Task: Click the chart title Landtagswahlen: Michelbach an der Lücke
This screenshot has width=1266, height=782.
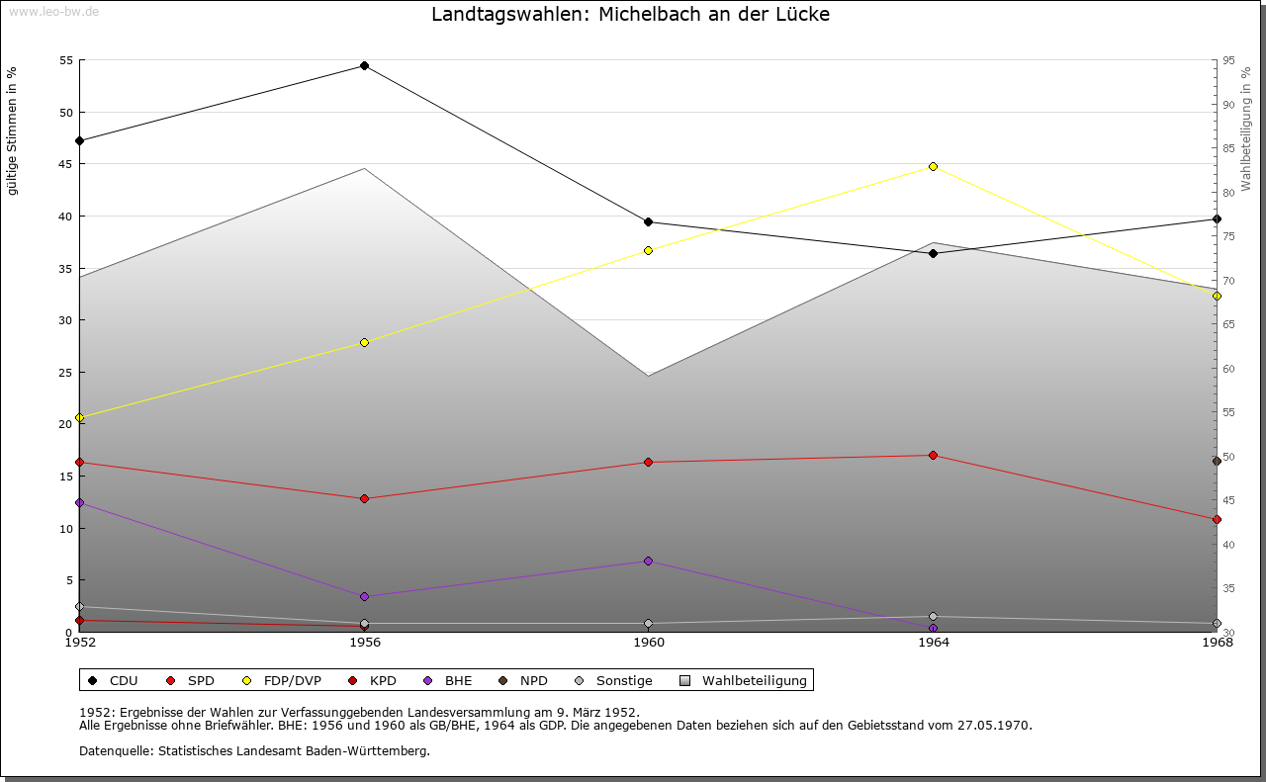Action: point(630,15)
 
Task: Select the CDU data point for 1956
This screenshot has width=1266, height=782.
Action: point(364,66)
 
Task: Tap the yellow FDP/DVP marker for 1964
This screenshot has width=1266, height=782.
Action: point(933,166)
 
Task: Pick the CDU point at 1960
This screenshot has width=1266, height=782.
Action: point(648,221)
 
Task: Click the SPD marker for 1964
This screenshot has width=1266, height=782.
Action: point(933,455)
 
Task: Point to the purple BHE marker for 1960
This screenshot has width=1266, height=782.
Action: point(648,561)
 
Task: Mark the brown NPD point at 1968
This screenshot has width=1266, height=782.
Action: point(1217,461)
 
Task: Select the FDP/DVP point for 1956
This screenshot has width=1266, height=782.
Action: point(364,342)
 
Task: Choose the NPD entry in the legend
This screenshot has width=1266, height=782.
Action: point(533,680)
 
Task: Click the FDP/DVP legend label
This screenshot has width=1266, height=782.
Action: point(292,680)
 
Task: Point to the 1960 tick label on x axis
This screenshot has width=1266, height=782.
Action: point(649,643)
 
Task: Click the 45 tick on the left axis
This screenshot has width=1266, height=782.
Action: point(66,164)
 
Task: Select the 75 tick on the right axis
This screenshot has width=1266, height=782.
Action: point(1227,236)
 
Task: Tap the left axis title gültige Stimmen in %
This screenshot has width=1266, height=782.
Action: point(13,131)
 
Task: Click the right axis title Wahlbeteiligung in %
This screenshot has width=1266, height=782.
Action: point(1246,129)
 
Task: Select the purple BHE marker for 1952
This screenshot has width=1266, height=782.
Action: point(79,502)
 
